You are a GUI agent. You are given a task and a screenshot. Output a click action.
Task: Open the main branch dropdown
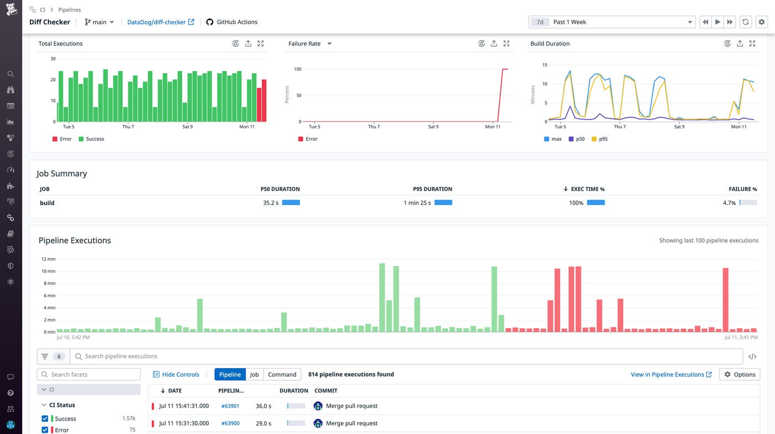tap(100, 22)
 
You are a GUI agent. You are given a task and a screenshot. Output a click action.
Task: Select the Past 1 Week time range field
tap(612, 22)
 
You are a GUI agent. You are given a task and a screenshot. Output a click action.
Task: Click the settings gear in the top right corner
tap(762, 22)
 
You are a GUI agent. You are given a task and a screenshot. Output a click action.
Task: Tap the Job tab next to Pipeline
tap(254, 375)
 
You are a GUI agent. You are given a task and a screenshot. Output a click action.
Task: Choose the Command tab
tap(282, 375)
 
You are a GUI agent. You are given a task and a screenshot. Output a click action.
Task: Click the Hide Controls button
tap(176, 375)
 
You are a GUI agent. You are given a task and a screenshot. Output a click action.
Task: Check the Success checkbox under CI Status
tap(45, 418)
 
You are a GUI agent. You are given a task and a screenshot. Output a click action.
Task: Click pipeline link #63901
tap(230, 406)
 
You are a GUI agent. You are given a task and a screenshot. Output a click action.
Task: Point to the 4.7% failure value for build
tap(729, 203)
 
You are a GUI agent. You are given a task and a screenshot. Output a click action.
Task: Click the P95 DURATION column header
tap(432, 189)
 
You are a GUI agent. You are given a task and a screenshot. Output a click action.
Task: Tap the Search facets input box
tap(89, 375)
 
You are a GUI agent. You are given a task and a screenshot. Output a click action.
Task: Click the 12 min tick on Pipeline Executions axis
tap(49, 259)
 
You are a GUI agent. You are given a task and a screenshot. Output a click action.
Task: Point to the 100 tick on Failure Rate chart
tap(297, 69)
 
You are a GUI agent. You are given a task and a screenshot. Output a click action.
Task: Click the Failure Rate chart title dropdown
tap(329, 44)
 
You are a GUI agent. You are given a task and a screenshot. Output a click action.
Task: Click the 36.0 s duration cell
tap(263, 406)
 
